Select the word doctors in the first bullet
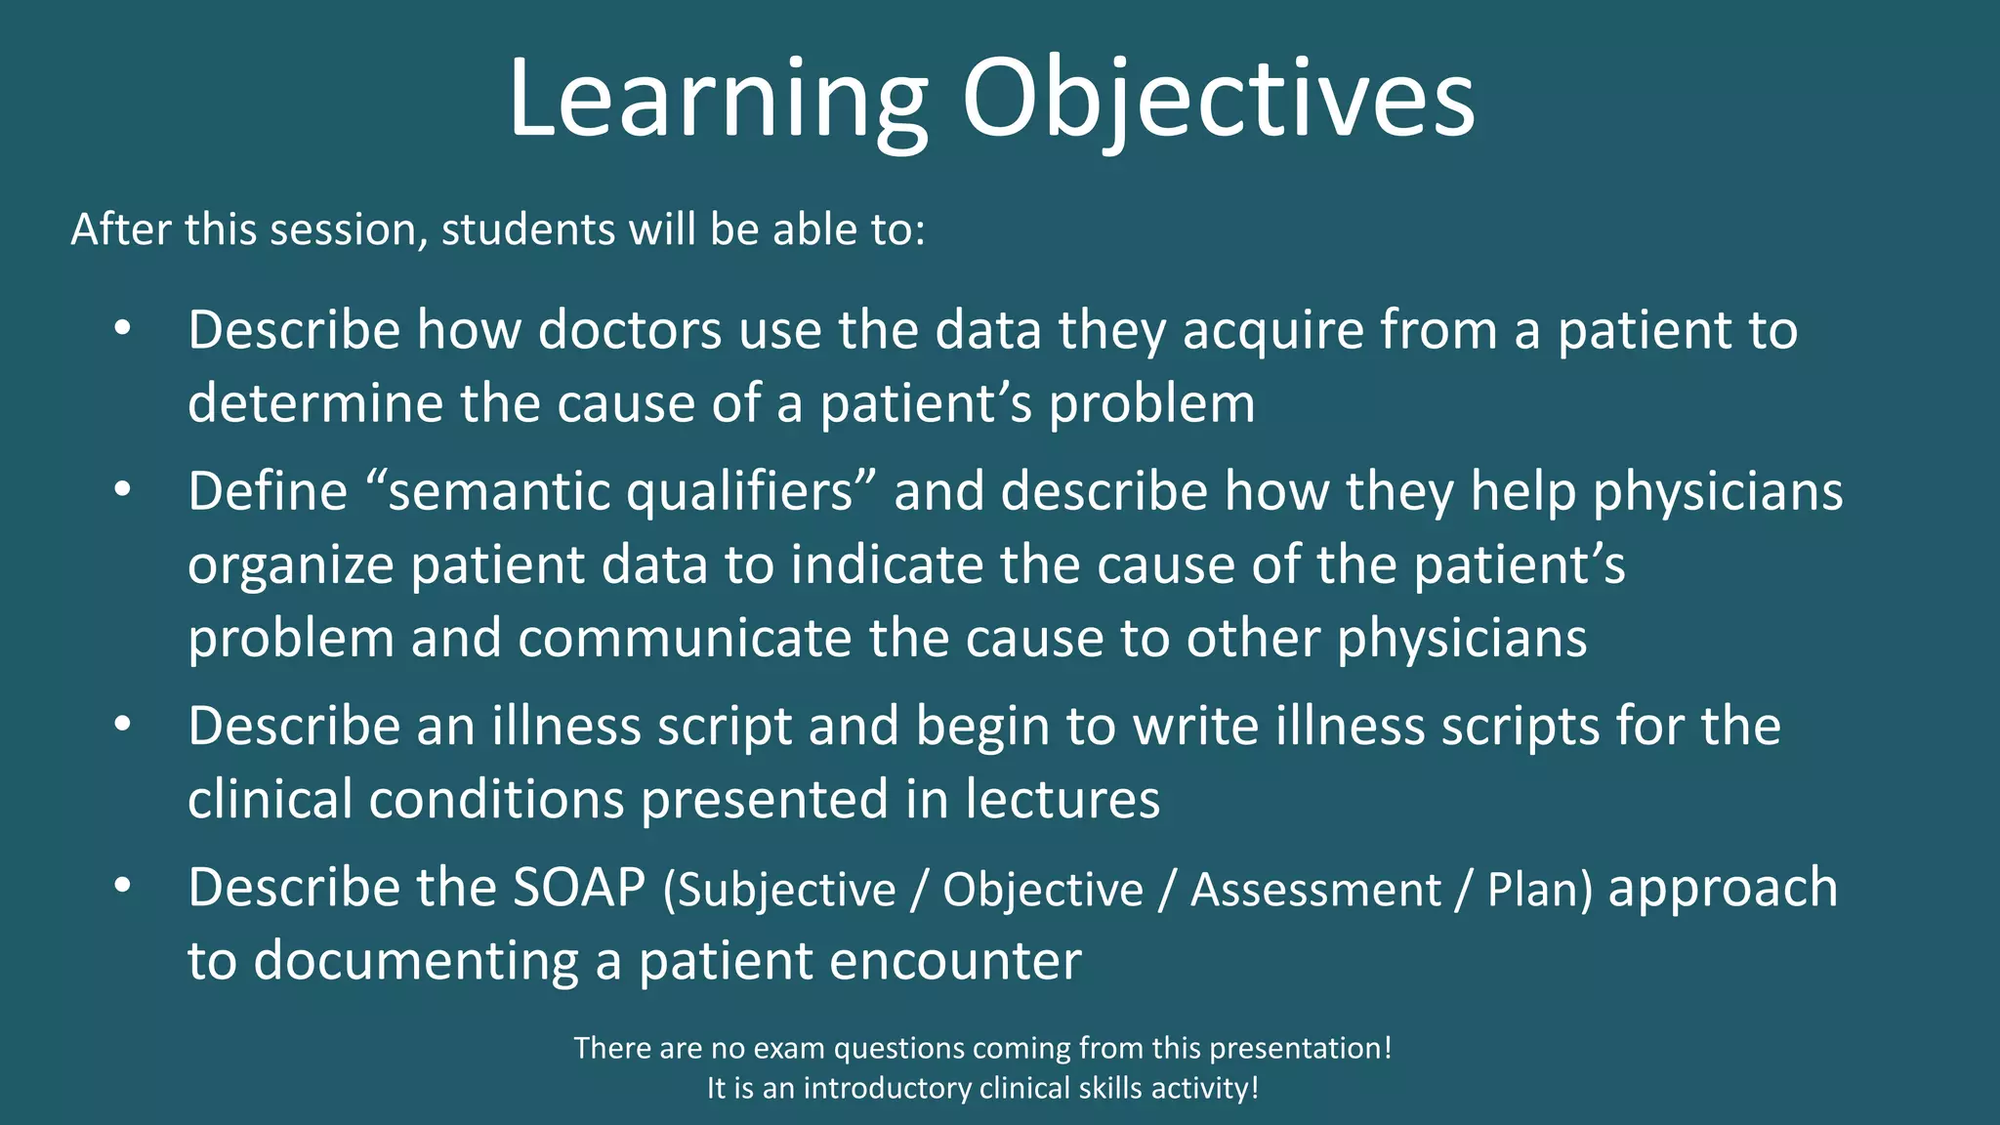pos(630,330)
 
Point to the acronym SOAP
pos(579,888)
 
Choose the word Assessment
pos(1314,891)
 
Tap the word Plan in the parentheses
pos(1531,891)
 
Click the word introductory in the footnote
pos(887,1089)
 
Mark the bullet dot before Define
pos(122,491)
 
